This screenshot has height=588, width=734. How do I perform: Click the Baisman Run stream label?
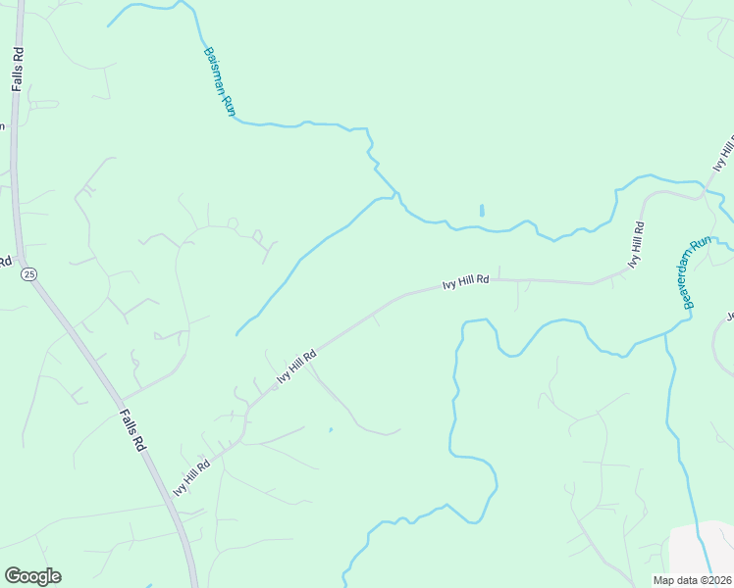(x=220, y=82)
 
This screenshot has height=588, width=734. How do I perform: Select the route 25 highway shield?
(x=28, y=274)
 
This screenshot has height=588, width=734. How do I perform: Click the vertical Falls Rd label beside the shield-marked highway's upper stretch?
(x=18, y=68)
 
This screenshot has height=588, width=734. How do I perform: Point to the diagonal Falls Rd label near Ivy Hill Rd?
(x=132, y=428)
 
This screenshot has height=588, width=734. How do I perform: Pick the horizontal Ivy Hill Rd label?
(x=465, y=282)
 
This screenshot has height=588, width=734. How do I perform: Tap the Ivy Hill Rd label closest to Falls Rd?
(x=191, y=478)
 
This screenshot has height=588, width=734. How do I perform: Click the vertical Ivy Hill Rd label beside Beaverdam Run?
(x=637, y=245)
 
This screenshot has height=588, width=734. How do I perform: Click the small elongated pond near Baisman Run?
(x=481, y=211)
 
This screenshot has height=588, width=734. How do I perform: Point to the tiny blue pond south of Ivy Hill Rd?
(x=331, y=429)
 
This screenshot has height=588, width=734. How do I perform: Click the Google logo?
(x=32, y=576)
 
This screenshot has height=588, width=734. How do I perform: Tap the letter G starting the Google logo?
(x=13, y=575)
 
